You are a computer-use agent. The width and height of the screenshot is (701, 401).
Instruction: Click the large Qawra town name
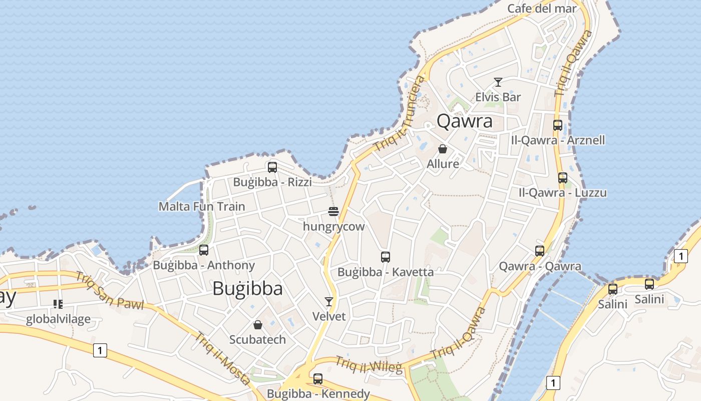click(x=465, y=121)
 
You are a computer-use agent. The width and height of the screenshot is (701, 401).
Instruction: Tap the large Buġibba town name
click(x=247, y=289)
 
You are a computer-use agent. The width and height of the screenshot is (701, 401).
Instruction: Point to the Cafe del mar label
click(x=542, y=9)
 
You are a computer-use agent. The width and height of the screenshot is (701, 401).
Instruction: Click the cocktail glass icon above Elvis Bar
click(x=498, y=82)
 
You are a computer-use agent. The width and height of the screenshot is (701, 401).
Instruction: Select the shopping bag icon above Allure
click(x=443, y=149)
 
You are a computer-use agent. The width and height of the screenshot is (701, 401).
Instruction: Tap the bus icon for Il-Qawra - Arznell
click(x=558, y=125)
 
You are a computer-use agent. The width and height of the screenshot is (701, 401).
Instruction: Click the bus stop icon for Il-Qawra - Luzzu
click(x=563, y=178)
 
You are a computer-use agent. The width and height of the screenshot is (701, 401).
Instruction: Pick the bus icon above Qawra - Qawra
click(x=540, y=251)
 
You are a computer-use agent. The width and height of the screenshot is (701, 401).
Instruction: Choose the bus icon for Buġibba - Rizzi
click(x=272, y=167)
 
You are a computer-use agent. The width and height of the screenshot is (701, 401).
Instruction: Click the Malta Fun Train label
click(x=202, y=207)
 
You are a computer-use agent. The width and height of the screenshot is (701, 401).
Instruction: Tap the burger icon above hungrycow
click(x=333, y=212)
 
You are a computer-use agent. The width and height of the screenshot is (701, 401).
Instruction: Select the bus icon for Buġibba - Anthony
click(x=204, y=250)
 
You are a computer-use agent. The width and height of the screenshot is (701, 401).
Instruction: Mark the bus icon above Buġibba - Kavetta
click(x=386, y=257)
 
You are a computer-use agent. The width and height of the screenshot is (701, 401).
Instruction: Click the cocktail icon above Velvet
click(x=329, y=301)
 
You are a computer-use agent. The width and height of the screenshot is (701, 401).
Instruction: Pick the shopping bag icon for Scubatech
click(x=258, y=325)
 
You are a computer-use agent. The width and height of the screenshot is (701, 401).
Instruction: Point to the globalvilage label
click(x=58, y=319)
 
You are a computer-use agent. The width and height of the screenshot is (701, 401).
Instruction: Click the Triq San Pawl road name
click(x=109, y=291)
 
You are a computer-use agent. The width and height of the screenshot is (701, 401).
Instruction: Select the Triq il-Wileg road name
click(x=369, y=365)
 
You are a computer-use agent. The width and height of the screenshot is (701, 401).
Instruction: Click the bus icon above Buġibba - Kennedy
click(x=318, y=379)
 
